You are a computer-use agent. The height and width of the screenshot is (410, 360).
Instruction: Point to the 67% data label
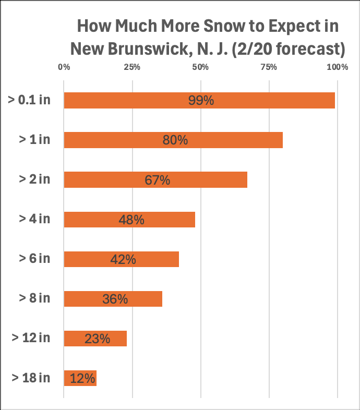click(157, 180)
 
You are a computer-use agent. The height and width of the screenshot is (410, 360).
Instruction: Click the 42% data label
click(123, 259)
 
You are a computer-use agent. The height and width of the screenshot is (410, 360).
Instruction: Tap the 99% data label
click(201, 100)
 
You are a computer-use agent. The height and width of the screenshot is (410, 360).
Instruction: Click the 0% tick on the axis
click(64, 67)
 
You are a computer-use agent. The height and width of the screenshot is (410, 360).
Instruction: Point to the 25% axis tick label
click(132, 67)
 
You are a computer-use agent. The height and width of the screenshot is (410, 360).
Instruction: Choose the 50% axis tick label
click(200, 67)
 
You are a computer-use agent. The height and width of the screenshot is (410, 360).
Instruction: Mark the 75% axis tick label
click(269, 67)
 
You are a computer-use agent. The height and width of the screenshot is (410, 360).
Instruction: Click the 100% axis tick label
click(337, 67)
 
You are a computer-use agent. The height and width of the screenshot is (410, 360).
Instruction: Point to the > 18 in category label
click(31, 378)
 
